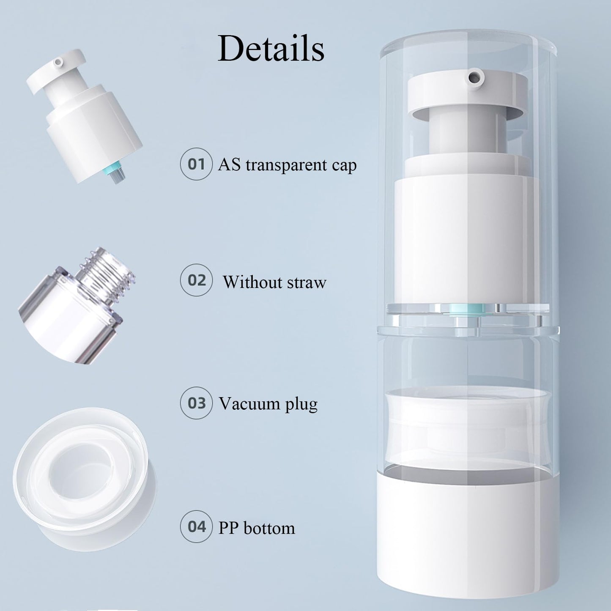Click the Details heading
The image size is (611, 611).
click(x=271, y=49)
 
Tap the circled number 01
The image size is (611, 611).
click(x=196, y=164)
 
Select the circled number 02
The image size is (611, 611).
click(x=196, y=280)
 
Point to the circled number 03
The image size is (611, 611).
click(x=196, y=403)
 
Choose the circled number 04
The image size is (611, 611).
click(x=196, y=527)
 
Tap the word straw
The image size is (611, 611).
click(x=308, y=282)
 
